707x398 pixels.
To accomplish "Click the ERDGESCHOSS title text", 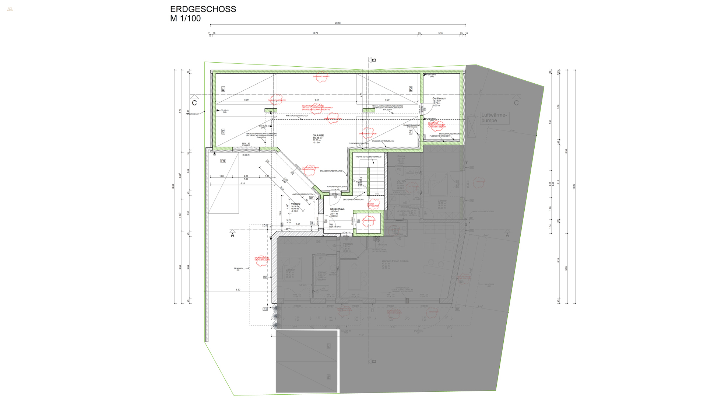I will [203, 9].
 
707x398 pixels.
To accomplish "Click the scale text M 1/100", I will [185, 18].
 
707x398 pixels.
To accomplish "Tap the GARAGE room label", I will [318, 136].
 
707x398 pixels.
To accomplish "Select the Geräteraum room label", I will [439, 99].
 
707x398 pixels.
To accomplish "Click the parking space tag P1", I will [223, 89].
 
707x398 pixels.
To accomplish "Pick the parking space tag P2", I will [223, 132].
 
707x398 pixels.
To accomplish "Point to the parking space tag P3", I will [411, 89].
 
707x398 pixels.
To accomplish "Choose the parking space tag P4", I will [411, 132].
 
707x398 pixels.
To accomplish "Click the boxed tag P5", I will [223, 161].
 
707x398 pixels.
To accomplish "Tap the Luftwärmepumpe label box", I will [494, 118].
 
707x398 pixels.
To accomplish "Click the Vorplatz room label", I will [296, 204].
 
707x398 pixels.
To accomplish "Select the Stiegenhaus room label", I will [337, 209].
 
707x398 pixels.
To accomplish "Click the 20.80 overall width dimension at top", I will [338, 23].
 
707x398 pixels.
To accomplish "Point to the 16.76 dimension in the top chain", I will [315, 33].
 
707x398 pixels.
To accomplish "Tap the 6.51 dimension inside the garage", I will [317, 100].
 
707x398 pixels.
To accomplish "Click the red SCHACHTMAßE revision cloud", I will [368, 220].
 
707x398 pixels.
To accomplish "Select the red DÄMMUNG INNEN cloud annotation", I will [321, 77].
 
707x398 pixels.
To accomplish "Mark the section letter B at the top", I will [374, 60].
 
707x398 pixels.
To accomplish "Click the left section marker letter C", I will [194, 103].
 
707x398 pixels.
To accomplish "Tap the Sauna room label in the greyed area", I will [401, 156].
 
